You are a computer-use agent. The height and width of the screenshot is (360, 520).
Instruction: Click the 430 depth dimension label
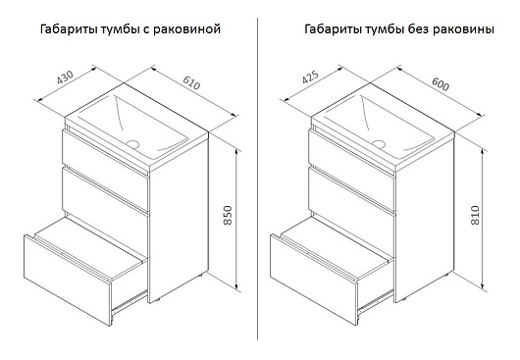point(65,77)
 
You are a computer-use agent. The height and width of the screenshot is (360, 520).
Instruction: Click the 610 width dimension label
point(191,82)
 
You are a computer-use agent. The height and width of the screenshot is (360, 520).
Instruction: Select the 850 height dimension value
point(228,216)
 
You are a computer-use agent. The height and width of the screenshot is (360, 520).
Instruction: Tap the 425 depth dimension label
point(311,77)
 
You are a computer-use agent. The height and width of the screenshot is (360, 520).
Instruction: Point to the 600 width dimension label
point(441,84)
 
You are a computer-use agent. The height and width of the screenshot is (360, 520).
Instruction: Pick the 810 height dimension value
point(475,216)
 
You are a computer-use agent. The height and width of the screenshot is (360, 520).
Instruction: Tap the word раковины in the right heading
point(464,29)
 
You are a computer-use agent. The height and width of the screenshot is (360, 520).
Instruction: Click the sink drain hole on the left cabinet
point(132,144)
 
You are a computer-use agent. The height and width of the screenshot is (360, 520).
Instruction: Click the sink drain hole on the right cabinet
point(379,144)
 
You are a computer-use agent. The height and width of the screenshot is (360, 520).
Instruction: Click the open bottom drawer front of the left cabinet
point(68,281)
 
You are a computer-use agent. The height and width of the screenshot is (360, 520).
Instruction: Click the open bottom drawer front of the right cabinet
point(314,280)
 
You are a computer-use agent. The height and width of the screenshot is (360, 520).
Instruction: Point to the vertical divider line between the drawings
point(258,179)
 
